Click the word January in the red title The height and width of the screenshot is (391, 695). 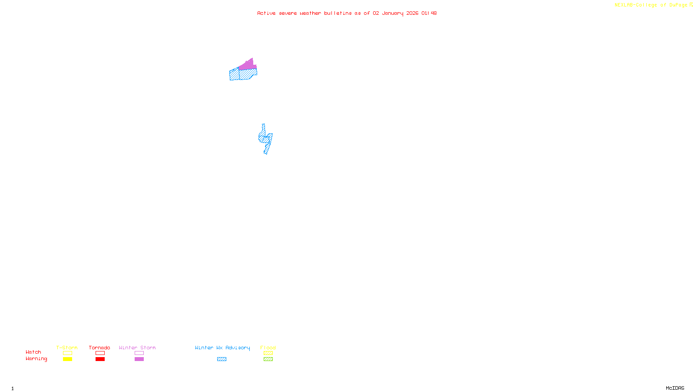392,13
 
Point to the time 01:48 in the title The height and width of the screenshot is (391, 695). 429,13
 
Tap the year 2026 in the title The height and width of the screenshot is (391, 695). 412,13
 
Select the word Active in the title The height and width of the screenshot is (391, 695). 266,13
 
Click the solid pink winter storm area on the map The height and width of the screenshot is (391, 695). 248,65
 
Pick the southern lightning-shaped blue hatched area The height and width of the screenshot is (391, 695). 265,139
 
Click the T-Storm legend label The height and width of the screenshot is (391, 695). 67,348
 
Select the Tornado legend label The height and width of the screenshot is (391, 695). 99,348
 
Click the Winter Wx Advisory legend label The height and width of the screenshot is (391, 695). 222,348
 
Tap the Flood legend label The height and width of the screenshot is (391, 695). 268,348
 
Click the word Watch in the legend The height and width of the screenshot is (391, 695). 33,352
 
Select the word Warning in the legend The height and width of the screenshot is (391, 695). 36,359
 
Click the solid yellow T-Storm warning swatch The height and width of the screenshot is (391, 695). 67,359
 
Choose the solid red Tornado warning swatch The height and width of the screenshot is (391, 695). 100,359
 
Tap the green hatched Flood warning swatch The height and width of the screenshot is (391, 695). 268,359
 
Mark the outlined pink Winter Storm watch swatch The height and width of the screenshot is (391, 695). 139,353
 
